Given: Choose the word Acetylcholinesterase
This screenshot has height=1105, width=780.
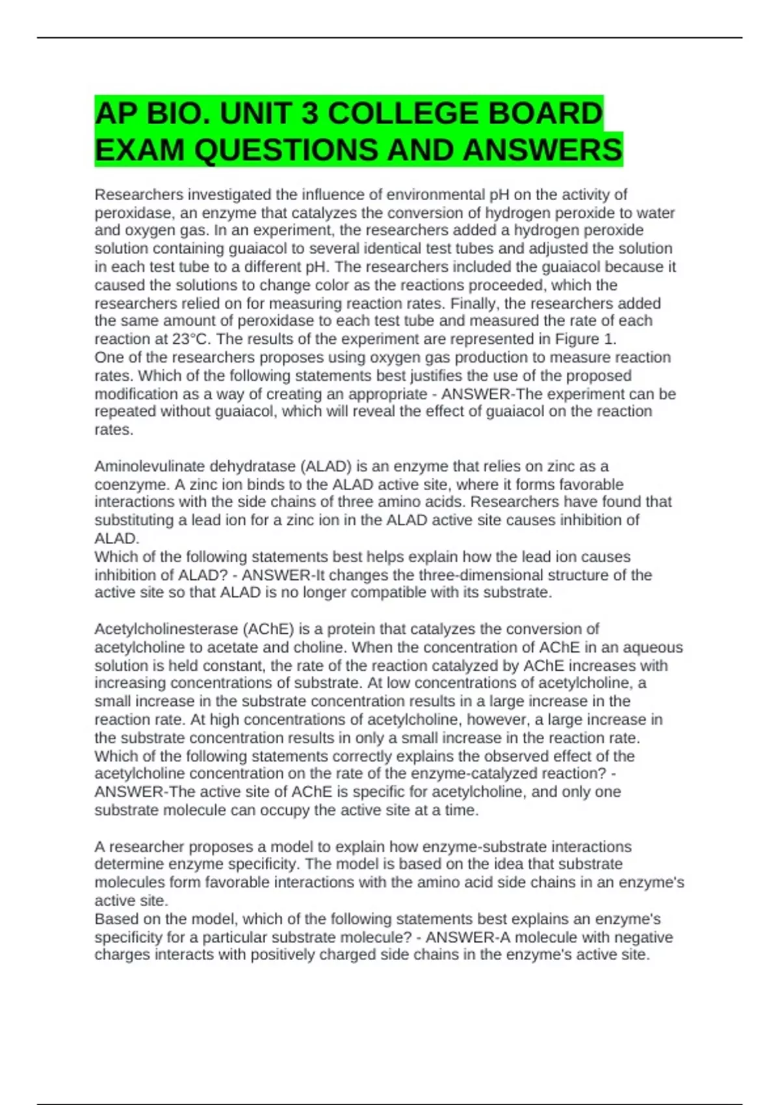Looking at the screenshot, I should pyautogui.click(x=166, y=629).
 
